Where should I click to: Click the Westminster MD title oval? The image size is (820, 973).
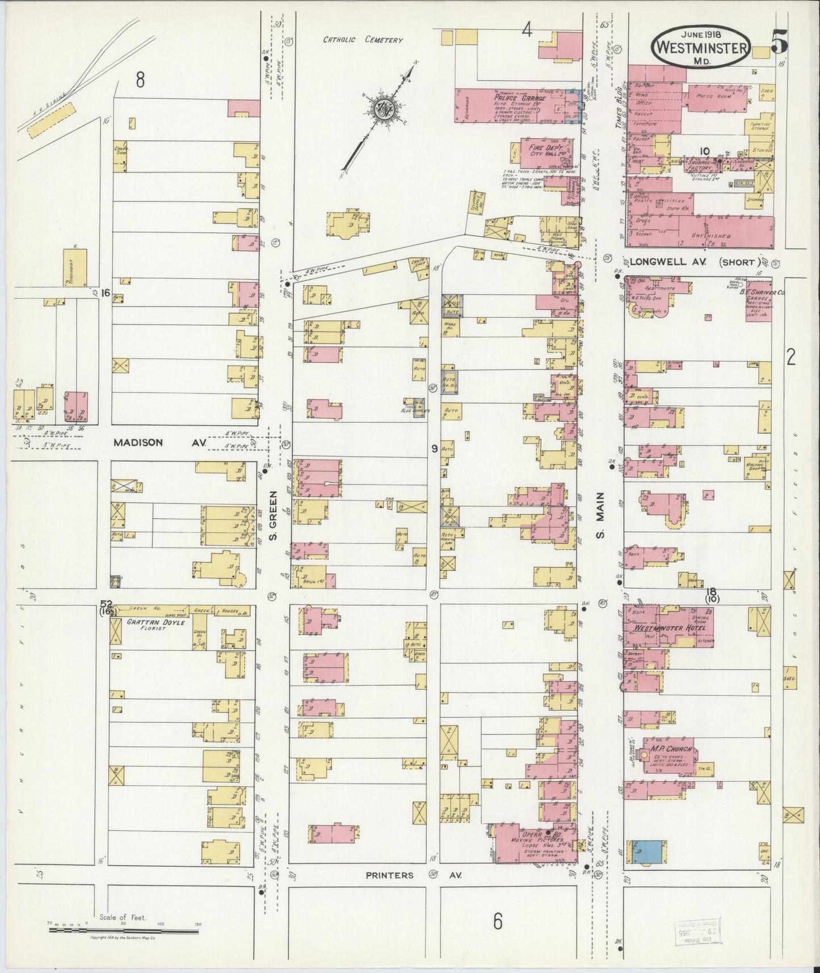[700, 47]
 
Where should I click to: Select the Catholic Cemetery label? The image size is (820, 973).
[363, 40]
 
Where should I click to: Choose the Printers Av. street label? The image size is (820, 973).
[413, 875]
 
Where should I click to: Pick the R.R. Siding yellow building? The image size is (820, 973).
[51, 119]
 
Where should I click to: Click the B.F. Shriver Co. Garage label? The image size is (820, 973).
[753, 295]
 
